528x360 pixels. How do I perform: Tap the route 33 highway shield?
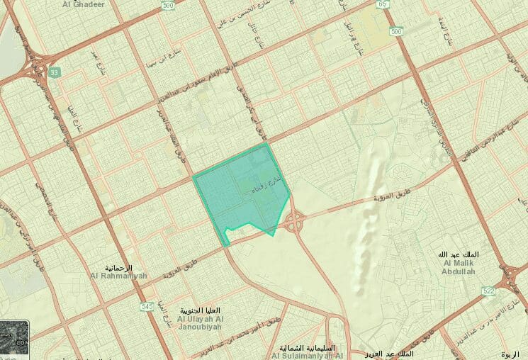pos(54,72)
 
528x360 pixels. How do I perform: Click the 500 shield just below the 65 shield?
pos(396,32)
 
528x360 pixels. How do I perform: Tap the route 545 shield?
pos(147,306)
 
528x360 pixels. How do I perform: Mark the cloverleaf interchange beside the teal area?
pos(294,223)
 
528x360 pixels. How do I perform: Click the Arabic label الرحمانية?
pos(120,268)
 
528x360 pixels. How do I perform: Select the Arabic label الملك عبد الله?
pos(459,254)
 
